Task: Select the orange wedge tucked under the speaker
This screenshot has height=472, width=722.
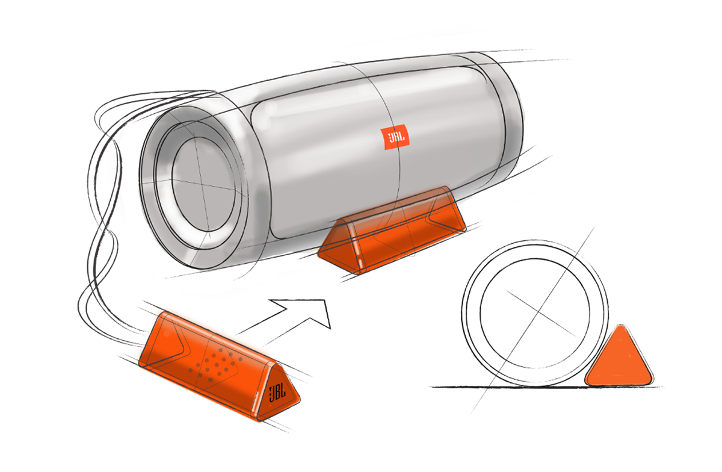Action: [x=391, y=229]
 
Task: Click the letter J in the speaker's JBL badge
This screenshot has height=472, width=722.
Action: [x=389, y=138]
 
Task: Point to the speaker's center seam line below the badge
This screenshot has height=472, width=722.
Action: [x=400, y=181]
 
